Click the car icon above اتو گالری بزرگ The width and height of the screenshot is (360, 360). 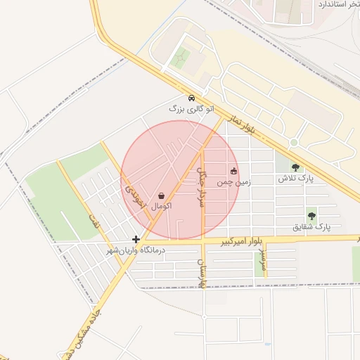click(x=191, y=98)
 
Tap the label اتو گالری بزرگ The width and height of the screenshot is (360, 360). click(x=186, y=109)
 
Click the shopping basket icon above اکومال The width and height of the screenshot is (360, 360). click(x=162, y=196)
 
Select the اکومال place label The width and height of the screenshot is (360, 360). click(x=162, y=206)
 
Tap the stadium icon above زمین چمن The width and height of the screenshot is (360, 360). click(x=234, y=171)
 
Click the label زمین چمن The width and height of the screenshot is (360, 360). click(x=233, y=181)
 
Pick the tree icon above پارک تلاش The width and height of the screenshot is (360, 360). click(x=295, y=167)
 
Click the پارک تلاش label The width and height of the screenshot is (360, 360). click(x=295, y=179)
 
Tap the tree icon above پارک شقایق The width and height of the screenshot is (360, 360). click(x=311, y=215)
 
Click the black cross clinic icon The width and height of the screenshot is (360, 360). click(x=136, y=240)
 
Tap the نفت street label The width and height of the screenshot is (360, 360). click(x=91, y=219)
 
